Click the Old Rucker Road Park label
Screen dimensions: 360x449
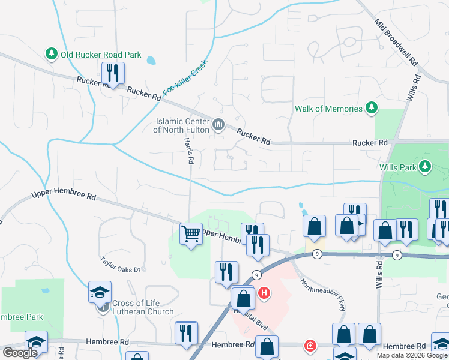pyautogui.click(x=100, y=55)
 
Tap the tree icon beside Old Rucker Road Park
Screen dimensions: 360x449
pyautogui.click(x=52, y=55)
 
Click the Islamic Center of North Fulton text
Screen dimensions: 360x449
pyautogui.click(x=181, y=125)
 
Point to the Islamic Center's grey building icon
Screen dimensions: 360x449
pyautogui.click(x=218, y=125)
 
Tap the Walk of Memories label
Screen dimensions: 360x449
pyautogui.click(x=328, y=109)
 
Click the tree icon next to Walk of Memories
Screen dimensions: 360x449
pyautogui.click(x=372, y=108)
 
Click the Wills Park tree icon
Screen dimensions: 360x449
pyautogui.click(x=426, y=166)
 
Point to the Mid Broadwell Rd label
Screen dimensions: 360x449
pyautogui.click(x=396, y=41)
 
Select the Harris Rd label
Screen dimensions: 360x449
pyautogui.click(x=188, y=151)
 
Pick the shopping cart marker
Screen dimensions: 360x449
pyautogui.click(x=191, y=234)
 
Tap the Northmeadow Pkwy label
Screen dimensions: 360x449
pyautogui.click(x=324, y=294)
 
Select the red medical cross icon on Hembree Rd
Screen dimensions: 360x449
pyautogui.click(x=310, y=346)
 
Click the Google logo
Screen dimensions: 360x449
pyautogui.click(x=20, y=353)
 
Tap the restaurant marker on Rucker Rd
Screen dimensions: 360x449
pyautogui.click(x=113, y=74)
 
